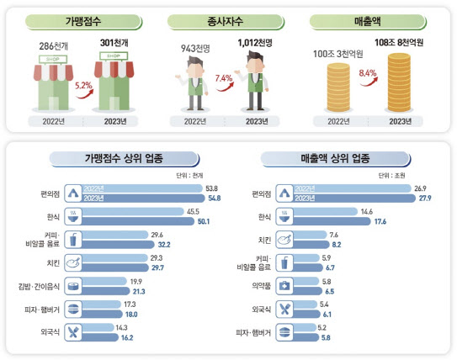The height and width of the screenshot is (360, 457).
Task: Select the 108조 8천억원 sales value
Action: (401, 41)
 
